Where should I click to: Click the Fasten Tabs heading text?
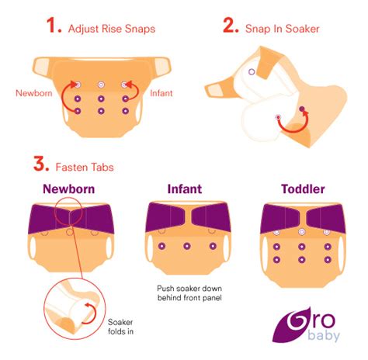coord(83,164)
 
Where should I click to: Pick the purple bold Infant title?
coord(185,189)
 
